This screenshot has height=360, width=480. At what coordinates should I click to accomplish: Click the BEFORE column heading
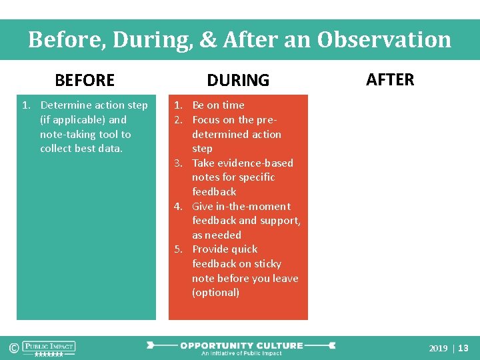click(85, 81)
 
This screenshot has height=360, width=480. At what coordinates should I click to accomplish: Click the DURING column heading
click(238, 81)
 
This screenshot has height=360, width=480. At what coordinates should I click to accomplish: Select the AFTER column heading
click(390, 80)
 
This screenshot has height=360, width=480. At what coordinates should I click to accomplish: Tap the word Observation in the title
click(384, 40)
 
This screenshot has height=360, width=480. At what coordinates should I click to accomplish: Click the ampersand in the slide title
click(208, 40)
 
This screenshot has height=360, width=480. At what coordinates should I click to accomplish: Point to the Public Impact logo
click(49, 347)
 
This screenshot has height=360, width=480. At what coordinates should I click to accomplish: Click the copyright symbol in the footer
click(13, 347)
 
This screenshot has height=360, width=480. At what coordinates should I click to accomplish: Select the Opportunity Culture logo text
click(241, 345)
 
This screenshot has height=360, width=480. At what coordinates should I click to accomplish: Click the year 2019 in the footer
click(438, 348)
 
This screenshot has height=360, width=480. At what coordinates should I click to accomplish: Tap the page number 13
click(463, 348)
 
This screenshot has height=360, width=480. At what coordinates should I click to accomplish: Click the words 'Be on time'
click(218, 105)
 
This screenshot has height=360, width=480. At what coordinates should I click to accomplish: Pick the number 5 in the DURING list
click(178, 249)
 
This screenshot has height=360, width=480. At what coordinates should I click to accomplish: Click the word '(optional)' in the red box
click(215, 293)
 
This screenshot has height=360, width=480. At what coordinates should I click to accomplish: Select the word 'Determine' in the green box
click(64, 105)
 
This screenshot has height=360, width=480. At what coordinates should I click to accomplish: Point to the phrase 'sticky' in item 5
click(265, 264)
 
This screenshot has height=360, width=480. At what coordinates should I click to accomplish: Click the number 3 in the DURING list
click(178, 163)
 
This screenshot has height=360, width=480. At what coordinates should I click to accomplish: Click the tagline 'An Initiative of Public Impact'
click(241, 353)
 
